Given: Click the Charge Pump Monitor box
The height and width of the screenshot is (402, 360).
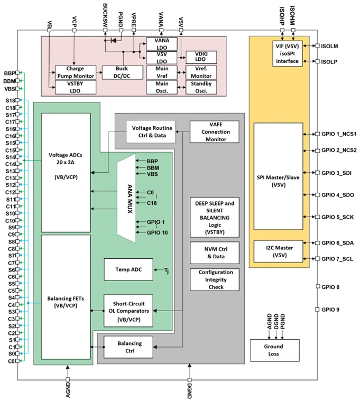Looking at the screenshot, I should pyautogui.click(x=75, y=72).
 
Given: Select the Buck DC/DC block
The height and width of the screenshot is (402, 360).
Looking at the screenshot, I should pyautogui.click(x=122, y=72).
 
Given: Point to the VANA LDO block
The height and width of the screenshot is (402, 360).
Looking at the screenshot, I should pyautogui.click(x=162, y=44).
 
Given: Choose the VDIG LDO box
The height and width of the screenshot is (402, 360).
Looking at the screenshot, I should pyautogui.click(x=200, y=57).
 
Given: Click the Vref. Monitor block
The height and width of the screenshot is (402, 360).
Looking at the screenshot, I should pyautogui.click(x=201, y=72).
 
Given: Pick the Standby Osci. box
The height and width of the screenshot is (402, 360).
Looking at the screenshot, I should pyautogui.click(x=201, y=87).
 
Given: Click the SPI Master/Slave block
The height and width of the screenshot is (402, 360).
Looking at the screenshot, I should pyautogui.click(x=278, y=176).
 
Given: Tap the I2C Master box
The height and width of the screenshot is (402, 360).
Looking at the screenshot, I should pyautogui.click(x=278, y=251).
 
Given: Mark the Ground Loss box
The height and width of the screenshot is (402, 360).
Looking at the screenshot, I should pyautogui.click(x=274, y=350).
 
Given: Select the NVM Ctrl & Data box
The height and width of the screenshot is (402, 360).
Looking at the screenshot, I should pyautogui.click(x=215, y=253).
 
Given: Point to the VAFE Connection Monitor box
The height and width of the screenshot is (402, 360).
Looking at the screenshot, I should pyautogui.click(x=215, y=132).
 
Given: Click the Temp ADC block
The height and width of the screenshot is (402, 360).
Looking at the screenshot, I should pyautogui.click(x=128, y=269).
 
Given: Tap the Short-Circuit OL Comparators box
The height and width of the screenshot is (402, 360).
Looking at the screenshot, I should pyautogui.click(x=128, y=311).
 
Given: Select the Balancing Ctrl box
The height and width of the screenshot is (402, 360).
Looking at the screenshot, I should pyautogui.click(x=128, y=347).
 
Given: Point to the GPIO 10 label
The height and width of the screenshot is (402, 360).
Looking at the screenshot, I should pyautogui.click(x=157, y=232).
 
